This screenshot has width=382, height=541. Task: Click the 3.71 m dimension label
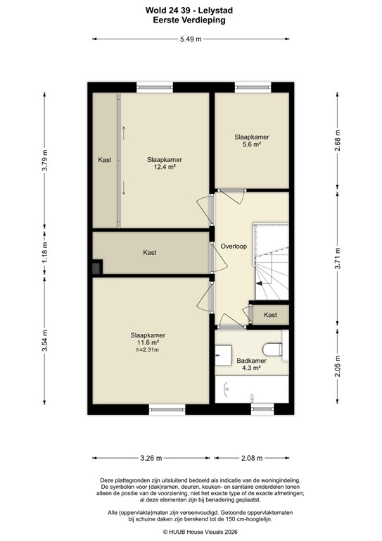click(337, 259)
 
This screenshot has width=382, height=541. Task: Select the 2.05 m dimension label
click(337, 366)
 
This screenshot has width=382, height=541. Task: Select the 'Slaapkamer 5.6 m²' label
click(251, 140)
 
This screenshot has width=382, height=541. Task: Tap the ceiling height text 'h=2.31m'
click(148, 349)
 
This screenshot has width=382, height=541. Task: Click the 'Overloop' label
click(233, 247)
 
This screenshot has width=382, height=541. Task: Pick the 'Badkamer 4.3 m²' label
click(251, 363)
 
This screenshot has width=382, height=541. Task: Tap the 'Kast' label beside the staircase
click(270, 315)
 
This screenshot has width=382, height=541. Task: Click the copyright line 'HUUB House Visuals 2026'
click(190, 532)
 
